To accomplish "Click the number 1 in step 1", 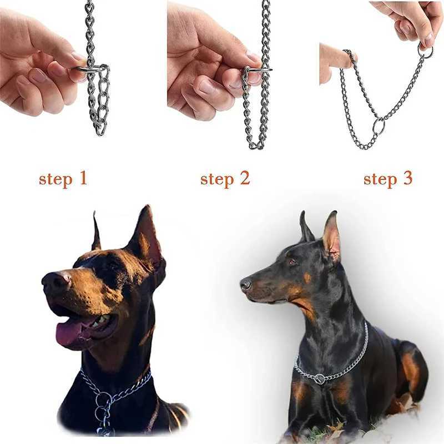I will tap(82, 179).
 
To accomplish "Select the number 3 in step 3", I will tap(407, 179).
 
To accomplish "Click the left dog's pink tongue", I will tap(70, 331).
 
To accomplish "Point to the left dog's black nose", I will tap(53, 281).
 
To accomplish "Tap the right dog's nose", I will tap(245, 285).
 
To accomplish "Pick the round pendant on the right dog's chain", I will tap(320, 380).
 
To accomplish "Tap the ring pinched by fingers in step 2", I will tap(257, 70).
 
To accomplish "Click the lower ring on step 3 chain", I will tap(378, 125).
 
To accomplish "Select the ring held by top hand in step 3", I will tap(426, 52).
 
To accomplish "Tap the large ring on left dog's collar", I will tap(103, 400).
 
